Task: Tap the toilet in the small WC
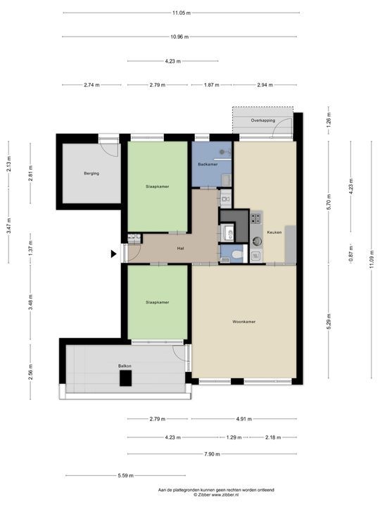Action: coord(238,254)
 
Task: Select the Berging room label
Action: coord(91,173)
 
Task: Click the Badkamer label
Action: coord(208,164)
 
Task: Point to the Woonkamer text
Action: coord(243,322)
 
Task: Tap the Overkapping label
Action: coord(262,120)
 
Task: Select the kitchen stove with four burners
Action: coord(256,218)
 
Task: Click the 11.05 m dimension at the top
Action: coord(182,13)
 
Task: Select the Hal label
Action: coord(181,248)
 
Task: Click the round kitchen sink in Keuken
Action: coord(257,241)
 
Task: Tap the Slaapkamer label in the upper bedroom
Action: coord(157,187)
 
